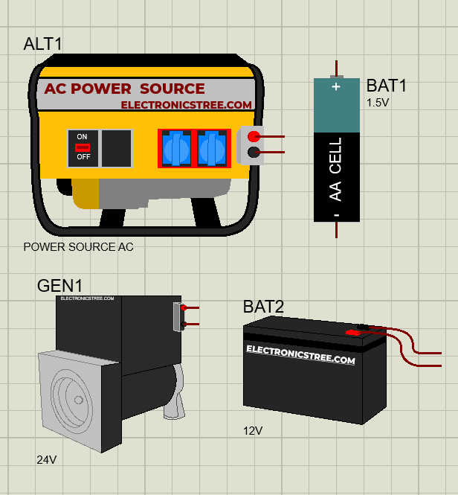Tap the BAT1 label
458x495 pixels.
(x=387, y=86)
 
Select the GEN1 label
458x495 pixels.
(x=59, y=286)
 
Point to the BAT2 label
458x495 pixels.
(x=263, y=307)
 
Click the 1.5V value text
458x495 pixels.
(x=377, y=103)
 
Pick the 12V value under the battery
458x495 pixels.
(x=253, y=430)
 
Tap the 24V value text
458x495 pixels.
(x=46, y=459)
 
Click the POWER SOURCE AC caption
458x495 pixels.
(x=79, y=246)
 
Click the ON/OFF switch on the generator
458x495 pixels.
(x=83, y=147)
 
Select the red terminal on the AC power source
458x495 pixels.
(x=254, y=136)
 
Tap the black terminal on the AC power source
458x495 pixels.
(x=254, y=153)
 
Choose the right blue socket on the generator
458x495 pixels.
(x=213, y=147)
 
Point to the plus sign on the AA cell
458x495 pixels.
(x=336, y=87)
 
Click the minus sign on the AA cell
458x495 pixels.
(x=336, y=214)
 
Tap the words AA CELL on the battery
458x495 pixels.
(x=336, y=169)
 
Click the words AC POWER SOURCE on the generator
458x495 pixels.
(x=124, y=89)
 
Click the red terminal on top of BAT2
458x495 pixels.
(x=354, y=333)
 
